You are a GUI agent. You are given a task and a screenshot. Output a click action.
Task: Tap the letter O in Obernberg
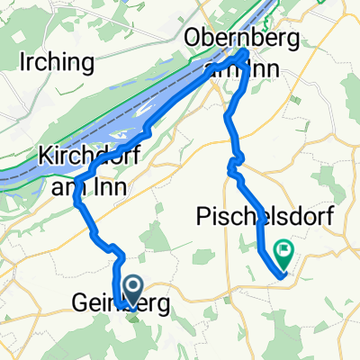192,39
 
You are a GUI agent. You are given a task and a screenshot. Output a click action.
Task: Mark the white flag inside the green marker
285,250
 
